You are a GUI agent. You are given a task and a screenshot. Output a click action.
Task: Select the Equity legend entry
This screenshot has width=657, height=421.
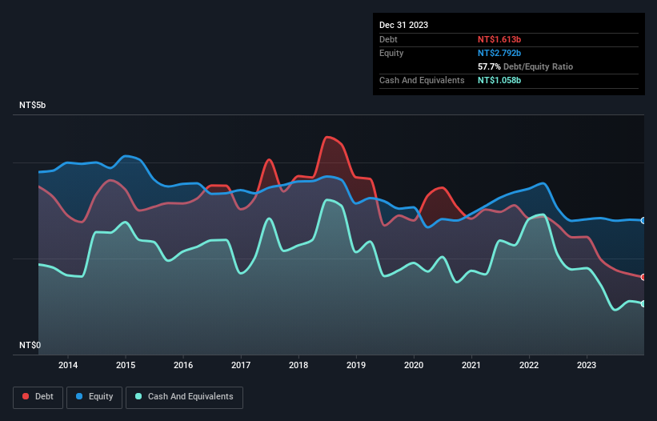coord(94,396)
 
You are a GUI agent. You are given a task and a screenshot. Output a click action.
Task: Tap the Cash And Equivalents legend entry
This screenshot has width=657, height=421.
coord(184,396)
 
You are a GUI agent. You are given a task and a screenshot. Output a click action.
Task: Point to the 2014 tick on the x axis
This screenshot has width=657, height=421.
coord(67,366)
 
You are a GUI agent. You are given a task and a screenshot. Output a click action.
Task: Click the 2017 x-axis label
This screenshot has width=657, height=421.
coord(241,366)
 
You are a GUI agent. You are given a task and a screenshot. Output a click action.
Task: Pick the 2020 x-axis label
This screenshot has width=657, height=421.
coord(414,366)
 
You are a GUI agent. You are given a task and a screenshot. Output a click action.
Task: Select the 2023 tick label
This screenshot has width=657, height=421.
coord(587,366)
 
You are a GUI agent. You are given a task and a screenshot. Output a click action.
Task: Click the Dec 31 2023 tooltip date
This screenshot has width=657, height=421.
coord(404,25)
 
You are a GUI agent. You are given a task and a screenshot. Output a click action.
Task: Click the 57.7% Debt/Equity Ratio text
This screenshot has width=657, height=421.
coord(525,66)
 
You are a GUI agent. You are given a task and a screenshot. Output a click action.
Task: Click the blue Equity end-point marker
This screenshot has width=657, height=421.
coord(643,221)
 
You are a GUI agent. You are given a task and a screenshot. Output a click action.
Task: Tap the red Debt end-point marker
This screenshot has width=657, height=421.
coord(643,277)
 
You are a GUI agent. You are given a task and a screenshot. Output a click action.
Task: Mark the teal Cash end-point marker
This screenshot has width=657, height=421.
coord(643,303)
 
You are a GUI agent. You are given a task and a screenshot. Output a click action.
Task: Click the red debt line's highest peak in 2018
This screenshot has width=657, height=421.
coord(328,137)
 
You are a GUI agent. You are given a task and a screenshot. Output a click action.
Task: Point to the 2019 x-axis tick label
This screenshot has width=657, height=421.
coord(356,366)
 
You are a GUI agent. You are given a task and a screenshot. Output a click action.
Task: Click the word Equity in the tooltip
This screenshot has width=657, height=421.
coord(391,53)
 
